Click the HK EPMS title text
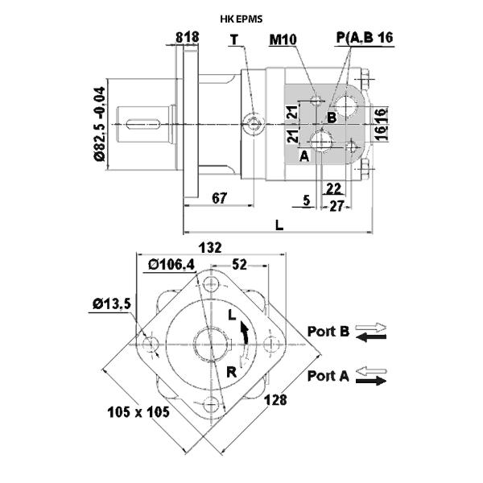pyautogui.click(x=242, y=19)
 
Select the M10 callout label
pyautogui.click(x=283, y=39)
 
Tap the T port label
pyautogui.click(x=234, y=39)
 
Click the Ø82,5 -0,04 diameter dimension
pyautogui.click(x=100, y=124)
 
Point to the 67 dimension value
pyautogui.click(x=219, y=198)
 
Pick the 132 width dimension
pyautogui.click(x=210, y=247)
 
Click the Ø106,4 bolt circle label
pyautogui.click(x=171, y=264)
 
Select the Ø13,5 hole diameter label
pyautogui.click(x=112, y=304)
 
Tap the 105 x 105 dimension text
pyautogui.click(x=138, y=412)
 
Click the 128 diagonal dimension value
pyautogui.click(x=275, y=400)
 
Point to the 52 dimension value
pyautogui.click(x=239, y=264)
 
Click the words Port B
pyautogui.click(x=328, y=332)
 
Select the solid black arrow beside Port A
pyautogui.click(x=371, y=381)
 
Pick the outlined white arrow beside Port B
pyautogui.click(x=371, y=327)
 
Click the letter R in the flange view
pyautogui.click(x=231, y=372)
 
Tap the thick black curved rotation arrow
pyautogui.click(x=246, y=332)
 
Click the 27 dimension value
pyautogui.click(x=336, y=206)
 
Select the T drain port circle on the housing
pyautogui.click(x=254, y=124)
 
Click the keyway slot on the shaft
pyautogui.click(x=143, y=124)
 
